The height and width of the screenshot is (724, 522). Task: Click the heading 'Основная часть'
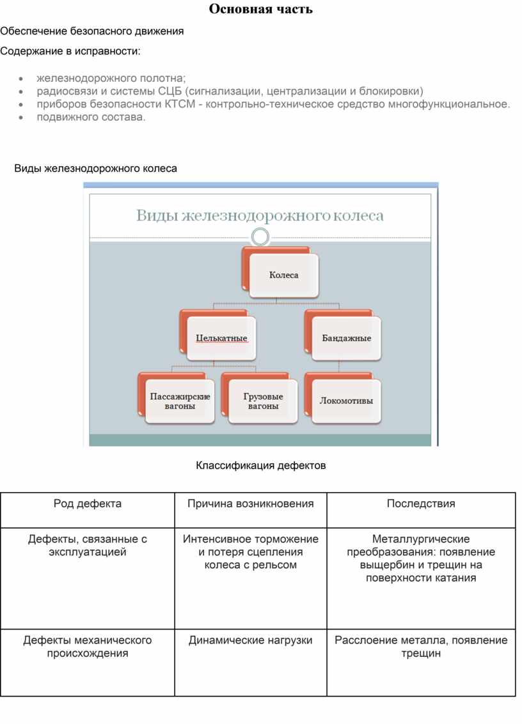point(261,9)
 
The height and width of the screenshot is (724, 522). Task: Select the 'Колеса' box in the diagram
point(283,275)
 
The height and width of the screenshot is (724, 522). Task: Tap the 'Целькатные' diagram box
point(221,338)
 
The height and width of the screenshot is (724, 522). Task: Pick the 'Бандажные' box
point(346,338)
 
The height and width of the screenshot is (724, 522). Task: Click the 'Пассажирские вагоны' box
point(180,401)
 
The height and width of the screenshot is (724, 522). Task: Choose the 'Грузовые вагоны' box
point(263,401)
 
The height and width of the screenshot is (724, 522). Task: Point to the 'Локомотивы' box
point(346,401)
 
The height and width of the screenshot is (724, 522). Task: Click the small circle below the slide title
point(260,237)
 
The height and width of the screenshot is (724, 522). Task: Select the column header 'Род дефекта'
point(88,504)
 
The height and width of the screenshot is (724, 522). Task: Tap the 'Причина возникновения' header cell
point(251,504)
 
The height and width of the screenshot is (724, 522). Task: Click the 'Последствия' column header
point(421,504)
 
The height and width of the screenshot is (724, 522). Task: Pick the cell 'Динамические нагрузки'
point(251,640)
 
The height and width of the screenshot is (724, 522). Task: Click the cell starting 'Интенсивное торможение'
point(251,552)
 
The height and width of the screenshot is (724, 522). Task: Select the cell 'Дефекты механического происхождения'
point(88,647)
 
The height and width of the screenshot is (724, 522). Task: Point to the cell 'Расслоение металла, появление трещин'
point(421,647)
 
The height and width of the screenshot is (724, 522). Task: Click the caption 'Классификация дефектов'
point(261,465)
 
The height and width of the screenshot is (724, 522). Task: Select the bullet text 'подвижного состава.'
point(91,117)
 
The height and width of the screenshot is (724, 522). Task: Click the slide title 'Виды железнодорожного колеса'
point(260,215)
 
